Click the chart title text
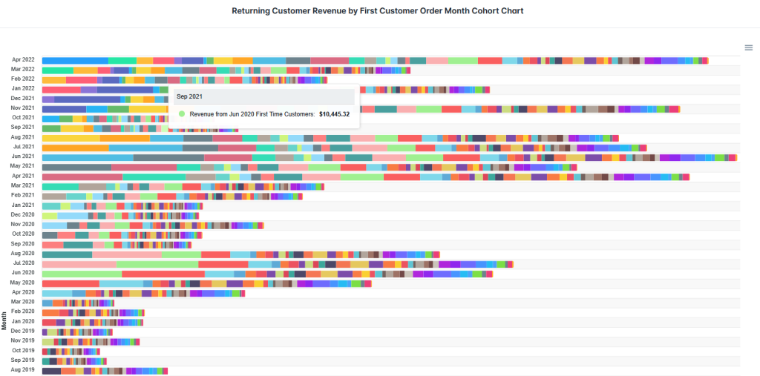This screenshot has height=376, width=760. pos(378,11)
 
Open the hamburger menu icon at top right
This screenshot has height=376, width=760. pos(749,47)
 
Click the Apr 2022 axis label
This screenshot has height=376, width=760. pos(23,59)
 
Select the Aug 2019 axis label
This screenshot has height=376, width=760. pos(23,369)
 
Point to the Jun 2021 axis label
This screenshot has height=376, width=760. pos(23,156)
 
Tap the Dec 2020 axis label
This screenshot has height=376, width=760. pos(23,214)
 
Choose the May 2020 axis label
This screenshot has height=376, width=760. pos(23,283)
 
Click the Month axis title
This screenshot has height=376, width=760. pos(4,320)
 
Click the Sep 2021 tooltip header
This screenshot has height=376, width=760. pos(189,96)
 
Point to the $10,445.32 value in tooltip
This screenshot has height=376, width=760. pos(334,114)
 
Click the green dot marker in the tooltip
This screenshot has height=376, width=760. pos(182,114)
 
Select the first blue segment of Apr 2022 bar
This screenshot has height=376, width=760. pos(75,60)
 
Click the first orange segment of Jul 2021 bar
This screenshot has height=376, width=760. pos(75,147)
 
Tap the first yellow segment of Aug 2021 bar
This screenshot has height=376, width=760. pos(71,137)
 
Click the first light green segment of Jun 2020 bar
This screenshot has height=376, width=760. pos(82,273)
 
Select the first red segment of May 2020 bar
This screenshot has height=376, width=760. pos(71,283)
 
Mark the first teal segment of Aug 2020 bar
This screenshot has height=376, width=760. pos(67,254)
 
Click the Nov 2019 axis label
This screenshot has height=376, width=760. pos(23,340)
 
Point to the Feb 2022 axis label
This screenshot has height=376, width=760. pos(23,79)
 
